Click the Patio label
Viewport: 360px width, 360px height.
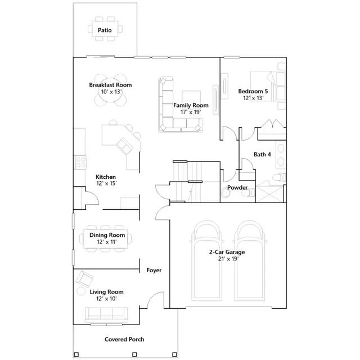(105, 30)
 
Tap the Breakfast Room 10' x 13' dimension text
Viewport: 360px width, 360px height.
(111, 92)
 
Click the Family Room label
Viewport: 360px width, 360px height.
(191, 105)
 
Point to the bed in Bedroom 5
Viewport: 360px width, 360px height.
(268, 86)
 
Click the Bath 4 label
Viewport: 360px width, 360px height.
(262, 154)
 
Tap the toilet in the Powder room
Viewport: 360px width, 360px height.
(248, 192)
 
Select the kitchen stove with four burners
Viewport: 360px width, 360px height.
(80, 162)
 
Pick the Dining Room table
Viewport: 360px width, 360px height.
(105, 238)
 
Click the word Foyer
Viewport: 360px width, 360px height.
(154, 270)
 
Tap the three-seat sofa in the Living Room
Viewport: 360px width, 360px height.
(106, 315)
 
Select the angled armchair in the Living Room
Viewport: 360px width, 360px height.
(84, 279)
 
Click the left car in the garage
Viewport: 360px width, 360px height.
(207, 260)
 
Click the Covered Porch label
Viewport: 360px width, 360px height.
(124, 339)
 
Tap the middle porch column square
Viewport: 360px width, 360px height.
(135, 354)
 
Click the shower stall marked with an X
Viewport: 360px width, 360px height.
(269, 193)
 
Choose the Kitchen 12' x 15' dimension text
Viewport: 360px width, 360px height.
(107, 183)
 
